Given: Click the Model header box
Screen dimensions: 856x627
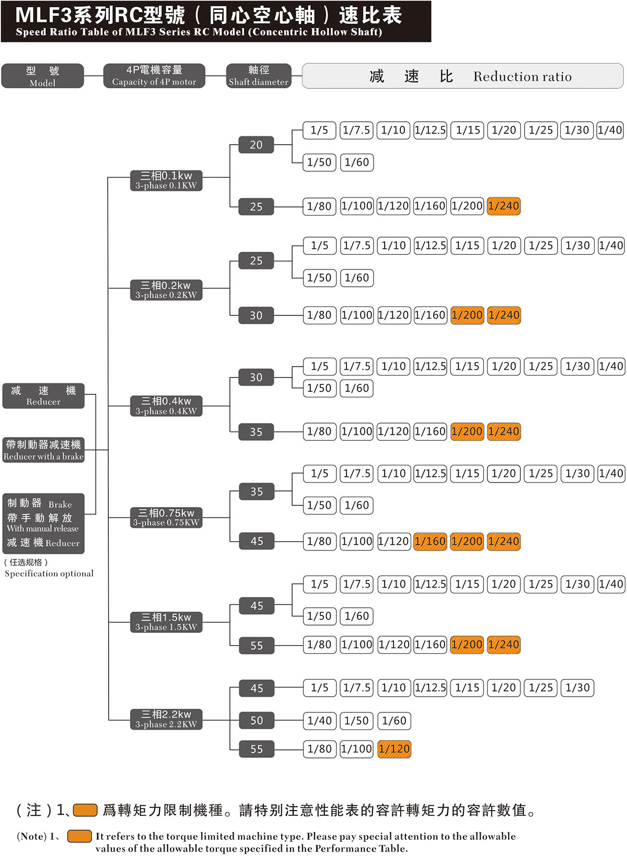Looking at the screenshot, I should (42, 76).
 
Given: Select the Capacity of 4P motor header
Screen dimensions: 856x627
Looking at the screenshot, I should (154, 76).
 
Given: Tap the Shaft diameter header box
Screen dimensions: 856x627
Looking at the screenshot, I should (258, 76).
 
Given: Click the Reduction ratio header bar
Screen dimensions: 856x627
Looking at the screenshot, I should (462, 76).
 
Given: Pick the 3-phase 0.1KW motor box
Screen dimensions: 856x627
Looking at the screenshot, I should (166, 180).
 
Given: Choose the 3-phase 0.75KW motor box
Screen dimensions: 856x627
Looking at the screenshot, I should (166, 517).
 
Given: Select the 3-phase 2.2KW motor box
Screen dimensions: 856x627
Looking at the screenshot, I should (166, 719).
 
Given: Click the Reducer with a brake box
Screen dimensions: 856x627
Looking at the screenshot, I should (43, 450).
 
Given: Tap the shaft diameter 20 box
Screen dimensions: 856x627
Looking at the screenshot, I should (256, 145).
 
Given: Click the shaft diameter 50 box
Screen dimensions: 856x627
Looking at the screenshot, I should (256, 720).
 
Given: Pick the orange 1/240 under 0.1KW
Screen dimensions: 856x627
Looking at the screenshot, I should (504, 206).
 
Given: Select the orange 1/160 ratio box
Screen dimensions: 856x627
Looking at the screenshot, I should (430, 541).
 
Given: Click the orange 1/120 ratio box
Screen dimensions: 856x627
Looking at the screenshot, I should (394, 749).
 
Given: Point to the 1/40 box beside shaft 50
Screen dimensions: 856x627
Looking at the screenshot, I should (320, 721).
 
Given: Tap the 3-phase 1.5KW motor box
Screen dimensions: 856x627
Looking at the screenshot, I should (166, 622).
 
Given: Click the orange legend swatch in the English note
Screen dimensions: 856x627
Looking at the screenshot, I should (79, 836).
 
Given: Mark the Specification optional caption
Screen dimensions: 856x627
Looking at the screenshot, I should (49, 573).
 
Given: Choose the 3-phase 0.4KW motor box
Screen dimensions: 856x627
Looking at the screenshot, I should (166, 406).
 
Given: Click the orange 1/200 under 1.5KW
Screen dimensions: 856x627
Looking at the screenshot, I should (467, 644).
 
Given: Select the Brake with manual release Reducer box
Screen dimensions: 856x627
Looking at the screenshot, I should (43, 523).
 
